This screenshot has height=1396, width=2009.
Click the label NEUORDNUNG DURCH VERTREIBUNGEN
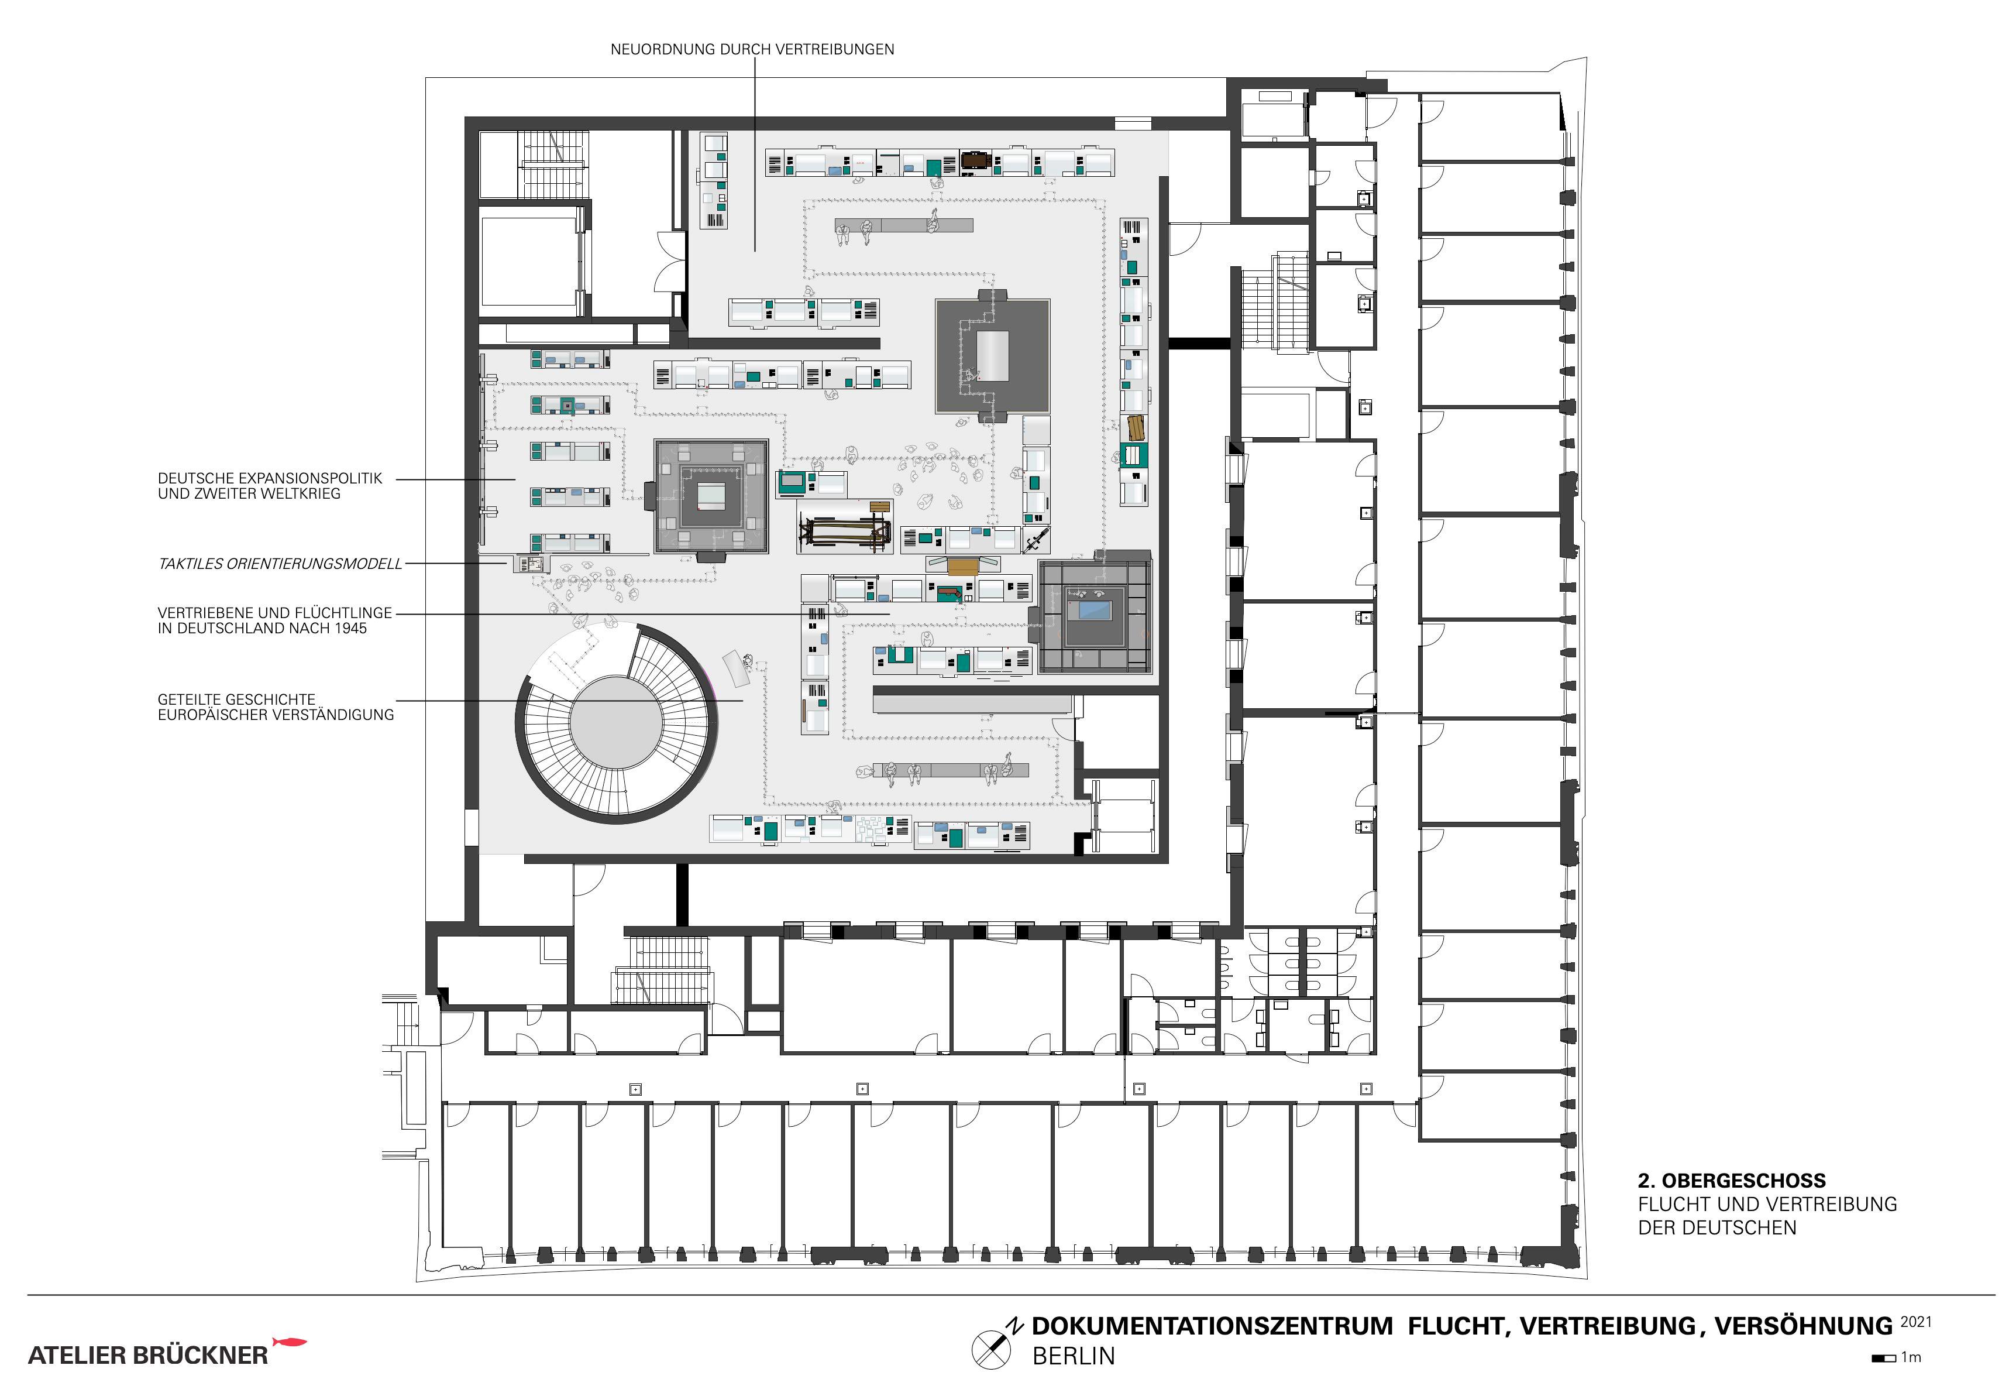[x=752, y=50]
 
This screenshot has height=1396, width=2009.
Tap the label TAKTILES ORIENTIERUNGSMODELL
[x=280, y=564]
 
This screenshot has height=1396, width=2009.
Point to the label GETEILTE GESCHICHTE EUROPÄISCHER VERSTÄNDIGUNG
[x=276, y=706]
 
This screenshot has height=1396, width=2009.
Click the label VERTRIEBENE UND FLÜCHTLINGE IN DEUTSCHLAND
[x=274, y=621]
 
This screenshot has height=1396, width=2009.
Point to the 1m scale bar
[x=1883, y=1359]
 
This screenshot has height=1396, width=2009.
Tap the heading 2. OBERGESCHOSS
[x=1732, y=1180]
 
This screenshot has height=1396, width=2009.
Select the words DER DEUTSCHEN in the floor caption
[x=1717, y=1228]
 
